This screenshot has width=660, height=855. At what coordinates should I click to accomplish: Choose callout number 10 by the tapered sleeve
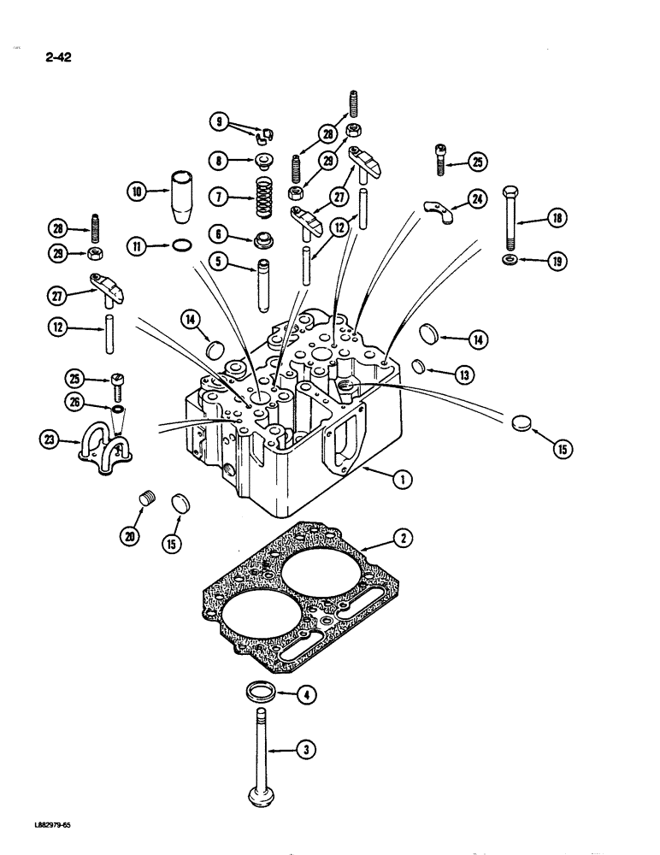point(136,192)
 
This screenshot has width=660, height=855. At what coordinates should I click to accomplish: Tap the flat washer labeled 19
point(509,259)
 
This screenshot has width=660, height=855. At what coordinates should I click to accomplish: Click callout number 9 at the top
point(220,122)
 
